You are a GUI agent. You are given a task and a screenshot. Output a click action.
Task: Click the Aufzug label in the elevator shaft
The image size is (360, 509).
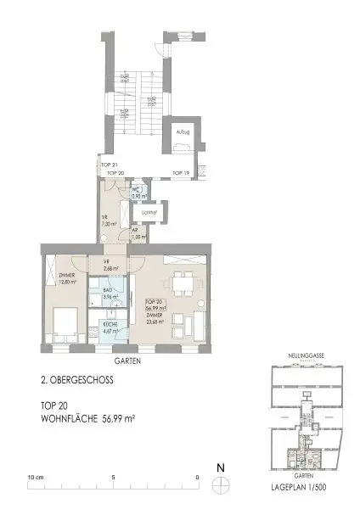(x=183, y=133)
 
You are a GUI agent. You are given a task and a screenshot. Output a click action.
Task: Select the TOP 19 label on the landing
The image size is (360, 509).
(x=180, y=172)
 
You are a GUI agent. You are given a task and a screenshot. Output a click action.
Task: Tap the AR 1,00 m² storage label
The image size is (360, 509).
(x=136, y=237)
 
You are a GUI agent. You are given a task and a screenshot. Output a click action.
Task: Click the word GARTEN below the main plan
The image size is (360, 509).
(x=125, y=361)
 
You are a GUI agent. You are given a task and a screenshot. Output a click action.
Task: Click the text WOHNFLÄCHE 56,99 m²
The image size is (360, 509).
(x=89, y=419)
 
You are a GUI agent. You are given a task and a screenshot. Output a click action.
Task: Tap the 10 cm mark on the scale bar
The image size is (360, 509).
(x=35, y=477)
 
